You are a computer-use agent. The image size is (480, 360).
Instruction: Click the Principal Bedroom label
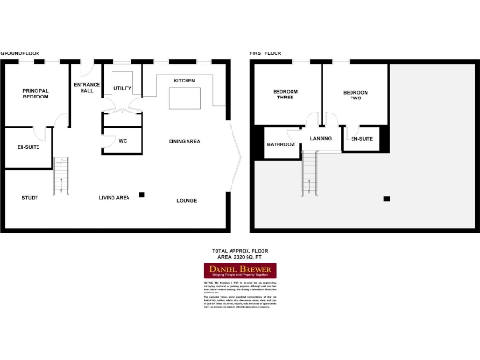point(36,93)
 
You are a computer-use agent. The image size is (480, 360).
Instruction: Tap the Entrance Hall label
point(86,87)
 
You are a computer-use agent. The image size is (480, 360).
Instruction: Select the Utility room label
point(123,88)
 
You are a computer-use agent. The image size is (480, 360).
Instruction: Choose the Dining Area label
point(184,141)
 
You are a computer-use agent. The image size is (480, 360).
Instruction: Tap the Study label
point(29,198)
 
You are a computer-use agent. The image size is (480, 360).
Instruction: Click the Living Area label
point(114,198)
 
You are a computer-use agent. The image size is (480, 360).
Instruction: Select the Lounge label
point(187,201)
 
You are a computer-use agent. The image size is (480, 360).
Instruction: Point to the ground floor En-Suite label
point(28,148)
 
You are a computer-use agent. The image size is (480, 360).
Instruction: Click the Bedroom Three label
point(285,94)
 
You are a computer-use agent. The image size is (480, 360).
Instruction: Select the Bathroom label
point(281,144)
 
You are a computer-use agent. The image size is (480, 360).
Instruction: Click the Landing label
point(322,138)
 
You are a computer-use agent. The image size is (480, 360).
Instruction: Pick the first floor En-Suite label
point(362,139)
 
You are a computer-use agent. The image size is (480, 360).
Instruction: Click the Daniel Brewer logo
point(240,272)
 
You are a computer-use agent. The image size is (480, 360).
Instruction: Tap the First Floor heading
point(265,54)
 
